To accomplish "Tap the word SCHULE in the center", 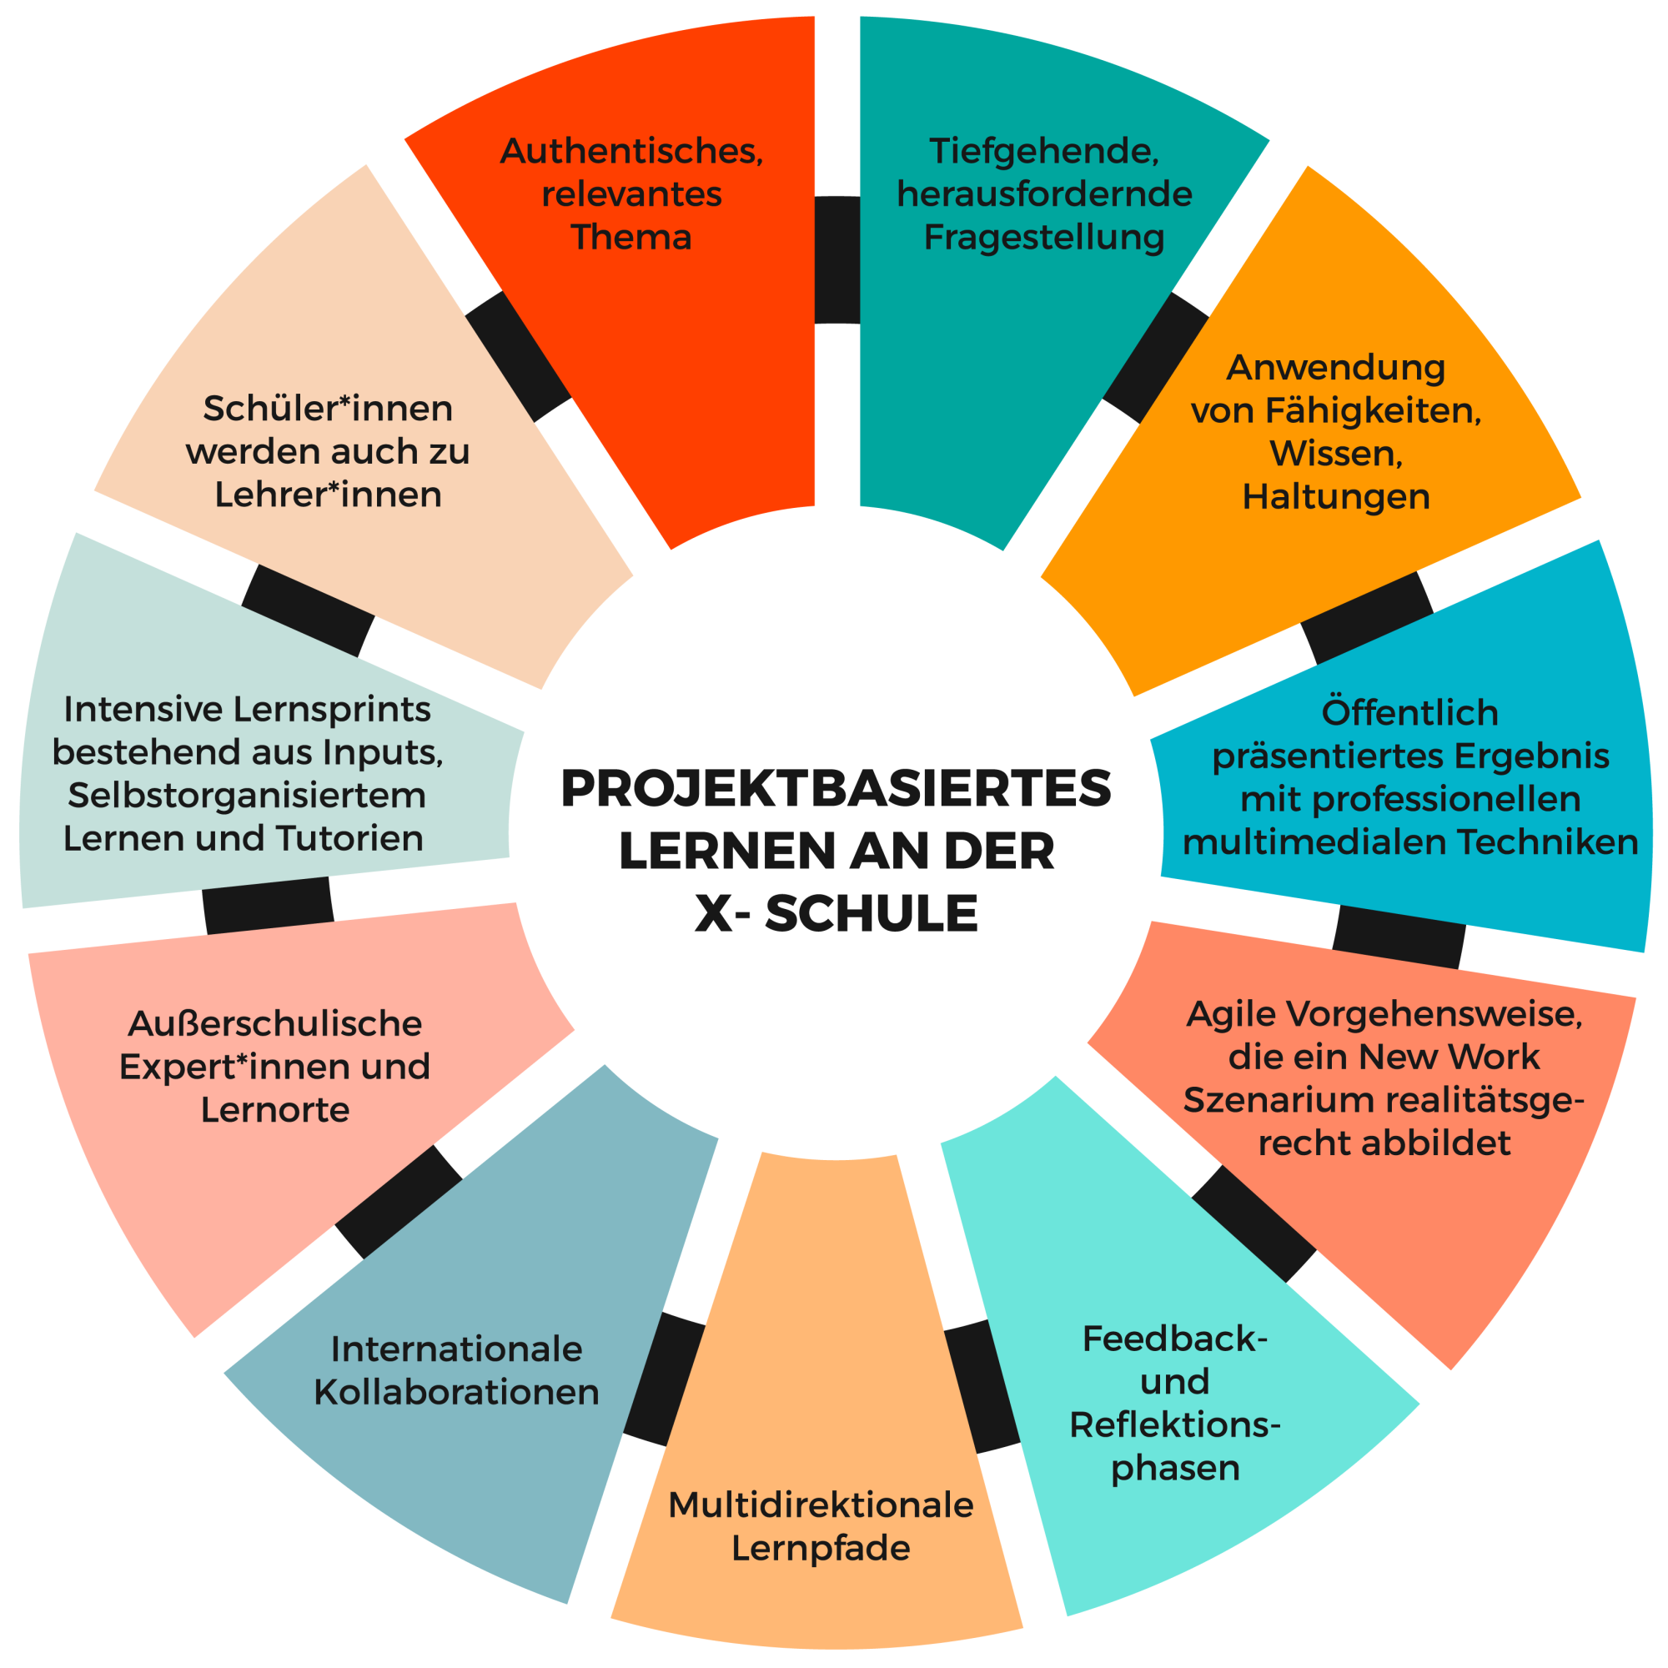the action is click(872, 913).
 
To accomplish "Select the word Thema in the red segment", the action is click(631, 237).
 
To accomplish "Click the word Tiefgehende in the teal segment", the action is click(1044, 152).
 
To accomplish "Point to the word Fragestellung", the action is click(1044, 238).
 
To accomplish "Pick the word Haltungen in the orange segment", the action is click(1335, 497).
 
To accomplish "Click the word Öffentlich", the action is click(1409, 712).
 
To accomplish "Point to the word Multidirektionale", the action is click(820, 1505).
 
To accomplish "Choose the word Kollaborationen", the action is click(456, 1392).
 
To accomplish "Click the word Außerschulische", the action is click(274, 1023).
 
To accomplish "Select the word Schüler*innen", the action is click(327, 409).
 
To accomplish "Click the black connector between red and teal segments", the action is click(837, 260).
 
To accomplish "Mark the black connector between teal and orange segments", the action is click(1155, 358).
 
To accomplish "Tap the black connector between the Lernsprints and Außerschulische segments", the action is click(268, 906).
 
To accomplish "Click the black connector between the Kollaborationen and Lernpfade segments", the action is click(665, 1379).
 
